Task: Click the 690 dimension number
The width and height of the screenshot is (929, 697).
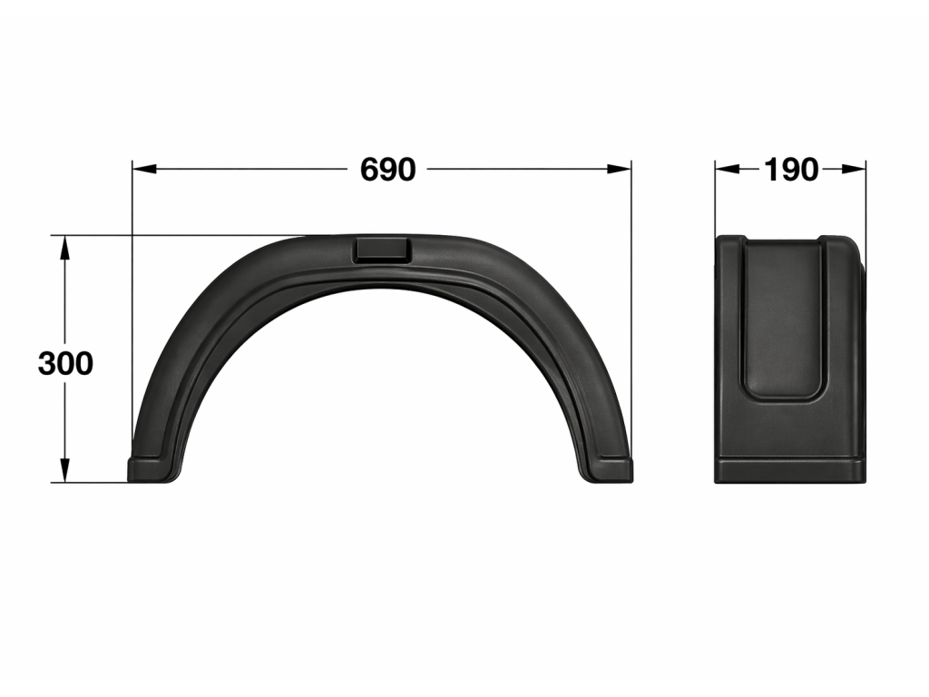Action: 388,170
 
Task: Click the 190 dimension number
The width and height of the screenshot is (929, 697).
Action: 791,170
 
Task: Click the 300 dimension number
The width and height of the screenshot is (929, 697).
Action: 65,363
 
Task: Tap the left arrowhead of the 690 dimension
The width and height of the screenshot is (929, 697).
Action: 144,170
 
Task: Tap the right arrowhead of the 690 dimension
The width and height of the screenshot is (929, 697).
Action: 619,170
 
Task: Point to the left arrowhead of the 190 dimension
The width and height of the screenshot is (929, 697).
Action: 728,170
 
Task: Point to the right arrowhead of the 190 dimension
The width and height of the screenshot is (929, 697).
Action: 854,170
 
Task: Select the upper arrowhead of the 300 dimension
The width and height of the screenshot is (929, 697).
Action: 65,248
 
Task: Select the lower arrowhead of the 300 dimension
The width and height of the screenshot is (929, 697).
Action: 65,470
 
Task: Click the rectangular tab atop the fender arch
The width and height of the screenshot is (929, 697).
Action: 382,250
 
